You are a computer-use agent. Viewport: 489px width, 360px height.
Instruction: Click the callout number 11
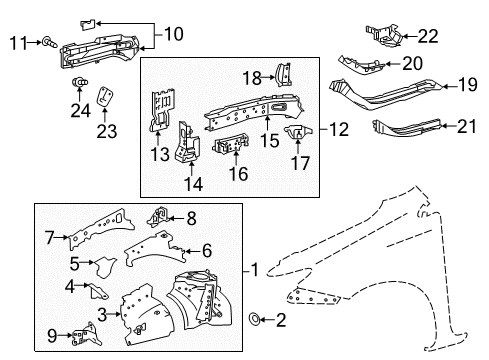click(17, 41)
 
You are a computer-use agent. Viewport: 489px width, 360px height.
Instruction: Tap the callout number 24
click(79, 109)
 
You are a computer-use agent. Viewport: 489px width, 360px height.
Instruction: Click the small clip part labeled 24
click(80, 84)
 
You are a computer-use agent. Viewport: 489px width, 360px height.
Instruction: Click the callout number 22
click(427, 37)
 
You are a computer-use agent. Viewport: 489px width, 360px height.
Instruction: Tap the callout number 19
click(467, 86)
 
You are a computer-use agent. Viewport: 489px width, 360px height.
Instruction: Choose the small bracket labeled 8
click(158, 217)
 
